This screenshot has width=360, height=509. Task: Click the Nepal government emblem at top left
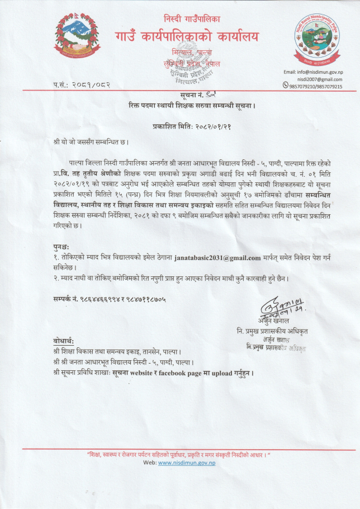78,38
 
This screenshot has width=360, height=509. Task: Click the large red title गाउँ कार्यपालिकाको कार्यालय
187,36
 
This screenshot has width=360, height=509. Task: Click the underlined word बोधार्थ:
64,341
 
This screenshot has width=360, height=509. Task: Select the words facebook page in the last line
175,372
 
